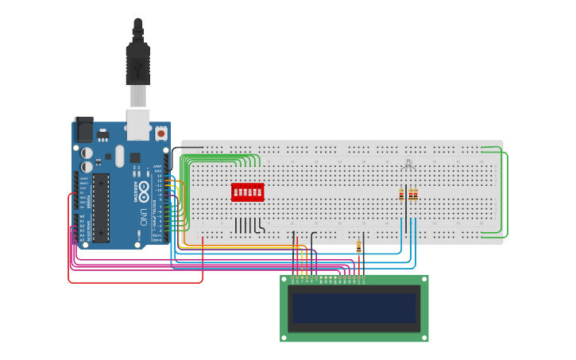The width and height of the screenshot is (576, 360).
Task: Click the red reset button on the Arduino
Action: pyautogui.click(x=161, y=134)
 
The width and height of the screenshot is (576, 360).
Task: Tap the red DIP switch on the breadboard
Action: pyautogui.click(x=247, y=192)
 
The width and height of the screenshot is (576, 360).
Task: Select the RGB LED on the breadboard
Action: pyautogui.click(x=408, y=165)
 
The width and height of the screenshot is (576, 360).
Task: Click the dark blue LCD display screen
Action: pyautogui.click(x=354, y=308)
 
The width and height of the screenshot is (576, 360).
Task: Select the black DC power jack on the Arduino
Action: pyautogui.click(x=83, y=130)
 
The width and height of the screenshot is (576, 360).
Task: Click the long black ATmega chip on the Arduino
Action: pyautogui.click(x=100, y=207)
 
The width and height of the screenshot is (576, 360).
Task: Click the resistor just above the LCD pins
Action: pyautogui.click(x=358, y=247)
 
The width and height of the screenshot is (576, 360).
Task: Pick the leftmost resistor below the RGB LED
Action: pyautogui.click(x=401, y=194)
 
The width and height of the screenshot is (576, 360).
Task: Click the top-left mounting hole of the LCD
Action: pyautogui.click(x=284, y=280)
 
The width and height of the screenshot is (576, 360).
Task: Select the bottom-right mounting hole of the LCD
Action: pyautogui.click(x=424, y=337)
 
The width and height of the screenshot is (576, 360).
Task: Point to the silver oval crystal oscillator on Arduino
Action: pyautogui.click(x=119, y=156)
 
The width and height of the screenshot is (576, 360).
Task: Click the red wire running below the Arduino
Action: pyautogui.click(x=135, y=282)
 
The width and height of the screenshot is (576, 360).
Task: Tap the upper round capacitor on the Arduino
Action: pyautogui.click(x=87, y=152)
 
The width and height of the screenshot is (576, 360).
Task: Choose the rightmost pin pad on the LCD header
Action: pyautogui.click(x=364, y=280)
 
